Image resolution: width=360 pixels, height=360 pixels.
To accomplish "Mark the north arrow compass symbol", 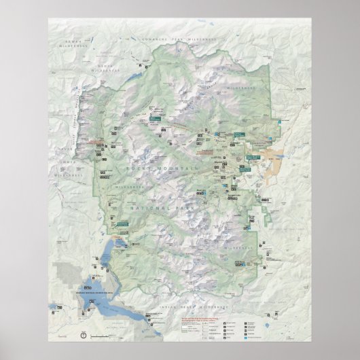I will [82, 335].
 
